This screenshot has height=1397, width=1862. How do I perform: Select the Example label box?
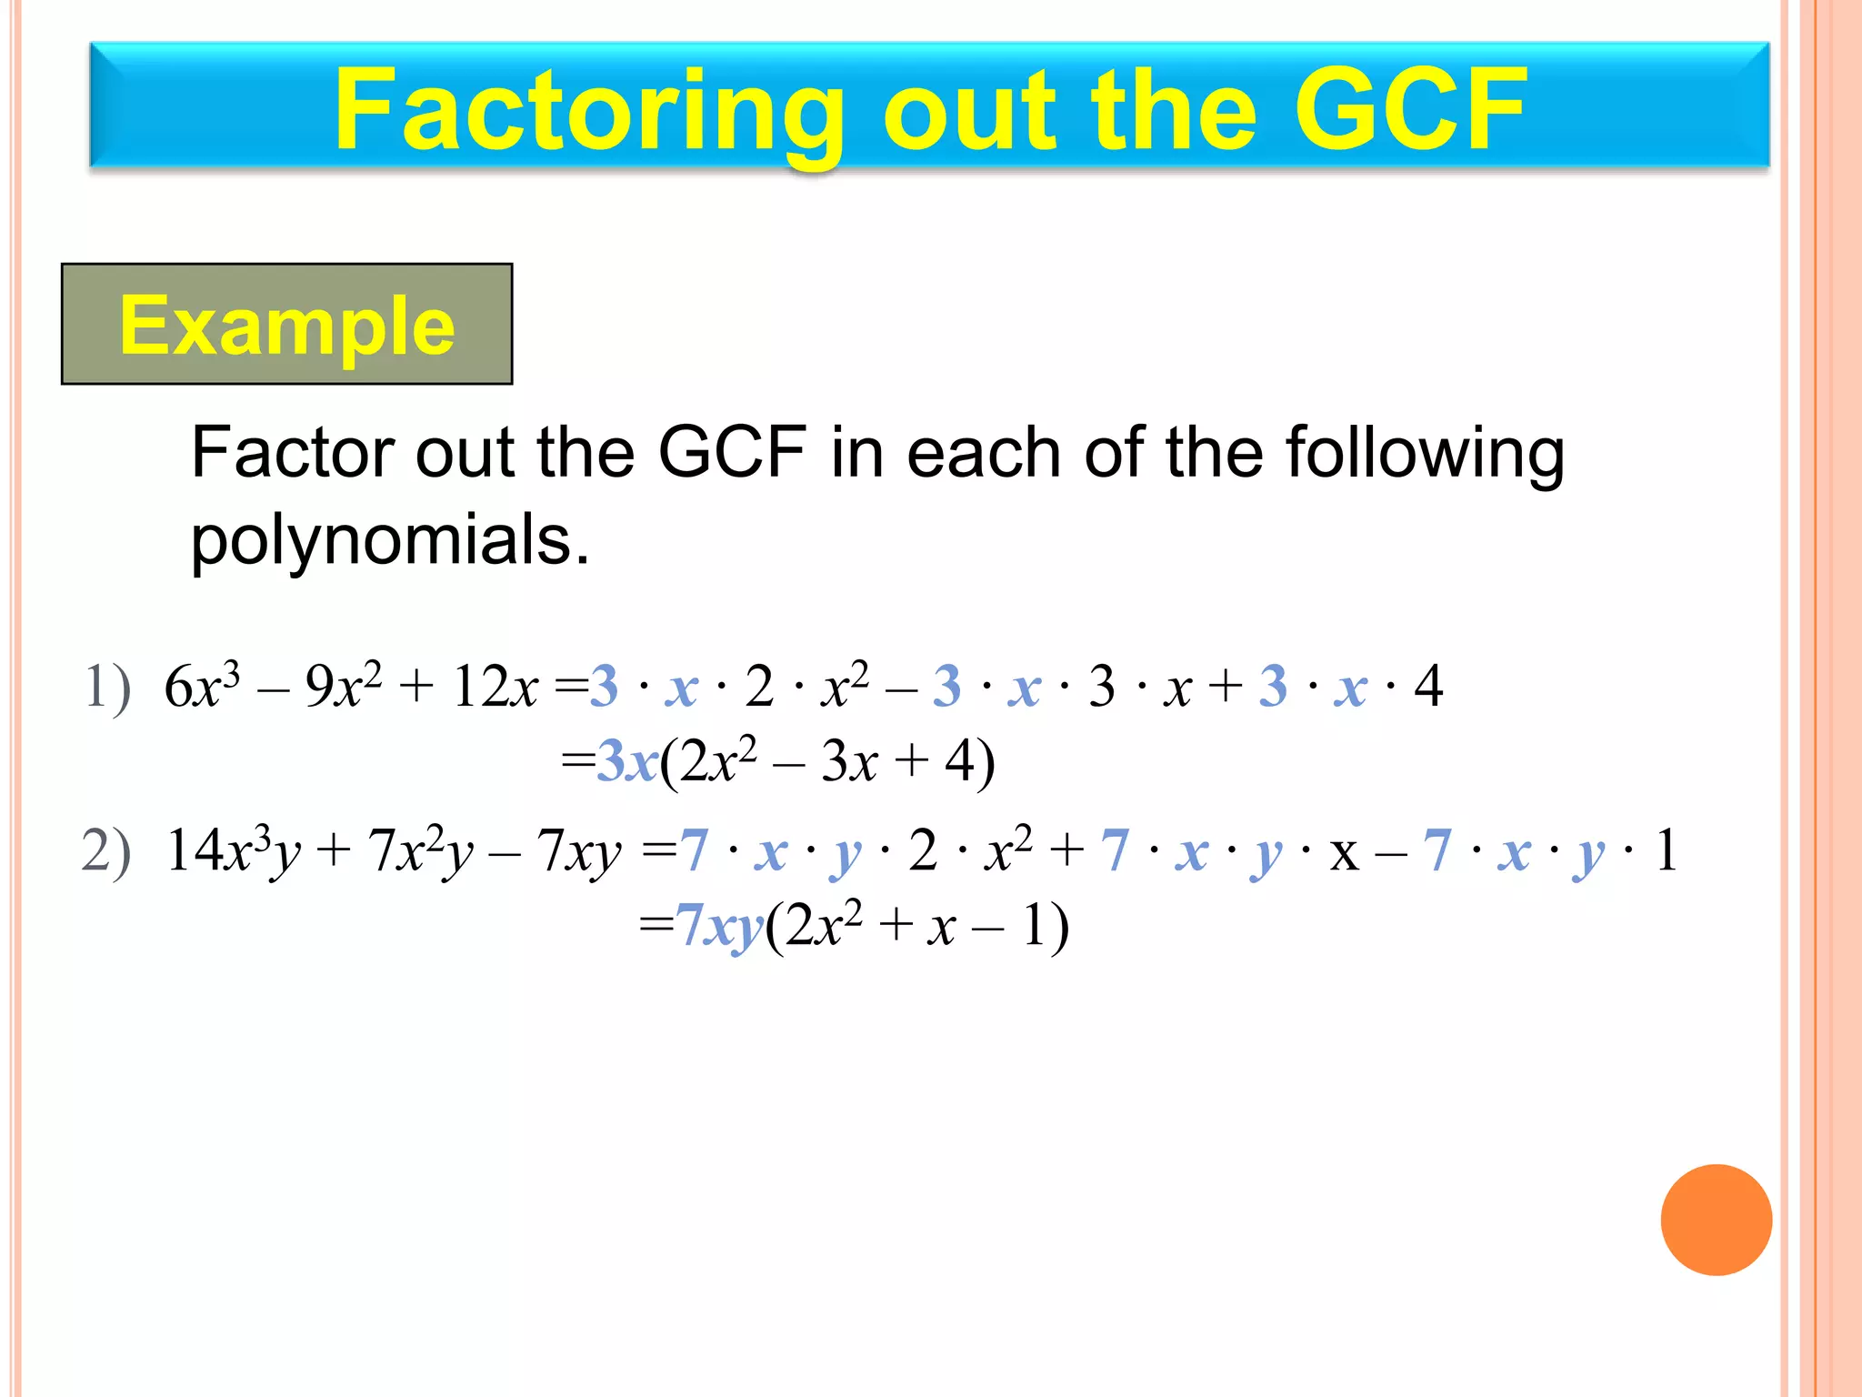(286, 325)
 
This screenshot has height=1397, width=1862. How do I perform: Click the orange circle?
(1716, 1220)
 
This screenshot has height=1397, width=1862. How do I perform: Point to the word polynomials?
(390, 539)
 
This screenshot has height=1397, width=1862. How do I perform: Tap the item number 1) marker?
(107, 687)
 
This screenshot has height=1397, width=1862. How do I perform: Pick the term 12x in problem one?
(495, 687)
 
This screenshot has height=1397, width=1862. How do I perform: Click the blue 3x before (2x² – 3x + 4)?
(627, 762)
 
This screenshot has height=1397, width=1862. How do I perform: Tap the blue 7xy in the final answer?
(719, 928)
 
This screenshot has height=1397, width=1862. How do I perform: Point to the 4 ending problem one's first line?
(1428, 687)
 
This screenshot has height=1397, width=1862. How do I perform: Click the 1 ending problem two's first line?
(1666, 852)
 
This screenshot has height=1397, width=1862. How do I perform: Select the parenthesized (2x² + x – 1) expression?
(917, 928)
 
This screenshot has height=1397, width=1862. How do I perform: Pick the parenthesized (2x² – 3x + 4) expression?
(827, 762)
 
